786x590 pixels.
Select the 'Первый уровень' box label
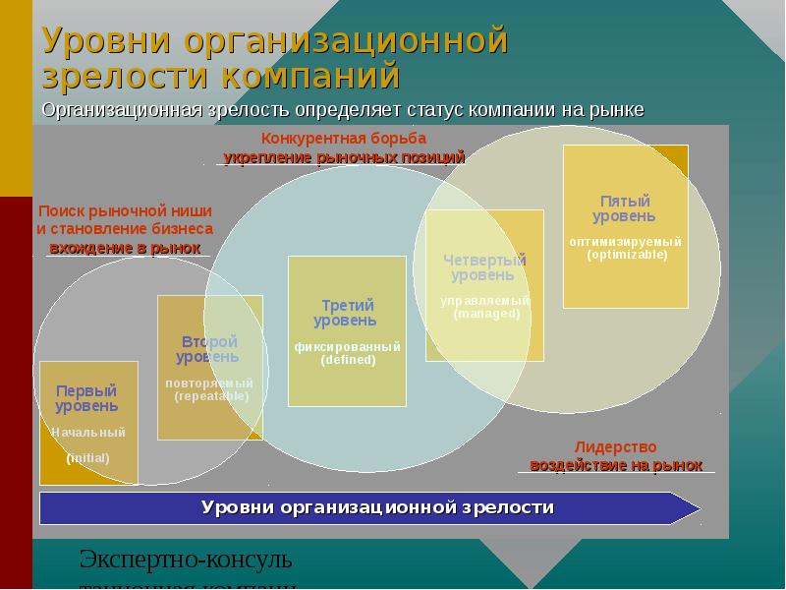click(86, 398)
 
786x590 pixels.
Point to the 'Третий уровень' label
click(346, 313)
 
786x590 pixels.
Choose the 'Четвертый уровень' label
click(483, 267)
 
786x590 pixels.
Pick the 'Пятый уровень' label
click(624, 207)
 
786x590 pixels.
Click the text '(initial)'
click(88, 458)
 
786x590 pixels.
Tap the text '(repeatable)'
click(211, 396)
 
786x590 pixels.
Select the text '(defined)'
click(348, 360)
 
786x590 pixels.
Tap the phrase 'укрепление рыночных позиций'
click(344, 157)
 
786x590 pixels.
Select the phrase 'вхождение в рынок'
click(124, 248)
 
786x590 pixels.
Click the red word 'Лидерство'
click(615, 446)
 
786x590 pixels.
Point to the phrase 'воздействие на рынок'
click(616, 465)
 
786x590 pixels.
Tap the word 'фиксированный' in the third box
click(347, 347)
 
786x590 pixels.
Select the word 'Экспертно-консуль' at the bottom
click(186, 560)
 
